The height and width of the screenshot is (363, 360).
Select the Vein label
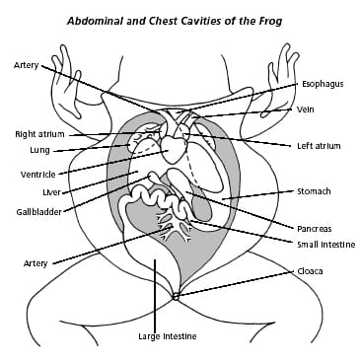306,109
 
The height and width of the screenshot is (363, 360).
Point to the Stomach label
313,190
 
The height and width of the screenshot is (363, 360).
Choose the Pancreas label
314,228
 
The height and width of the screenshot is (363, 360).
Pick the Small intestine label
325,244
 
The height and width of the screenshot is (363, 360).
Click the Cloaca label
310,270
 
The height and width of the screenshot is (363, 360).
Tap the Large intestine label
167,336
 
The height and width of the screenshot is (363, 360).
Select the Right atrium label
40,134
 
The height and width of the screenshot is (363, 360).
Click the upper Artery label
27,65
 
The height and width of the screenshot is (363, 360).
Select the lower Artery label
36,263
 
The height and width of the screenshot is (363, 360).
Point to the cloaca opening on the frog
175,295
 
